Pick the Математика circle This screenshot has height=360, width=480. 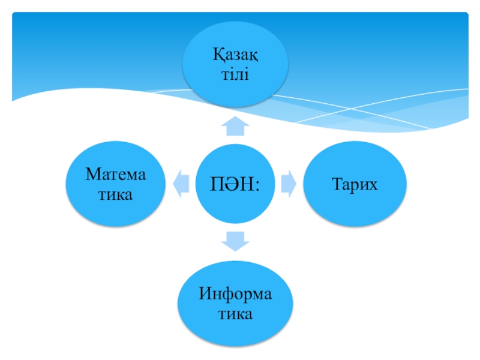116,183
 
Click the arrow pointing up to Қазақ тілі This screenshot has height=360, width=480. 235,127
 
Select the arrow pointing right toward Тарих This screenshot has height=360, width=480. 288,183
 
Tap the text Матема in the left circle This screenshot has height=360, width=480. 116,175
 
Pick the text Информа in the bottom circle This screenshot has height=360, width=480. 235,294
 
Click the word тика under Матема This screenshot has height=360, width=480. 116,194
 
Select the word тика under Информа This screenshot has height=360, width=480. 235,314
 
